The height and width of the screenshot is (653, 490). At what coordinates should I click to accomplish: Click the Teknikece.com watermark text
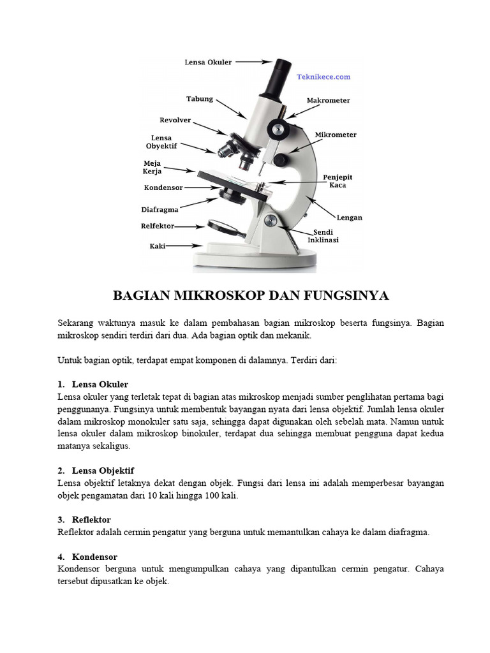pos(323,77)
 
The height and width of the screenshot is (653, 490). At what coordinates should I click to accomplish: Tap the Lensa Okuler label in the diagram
pos(208,62)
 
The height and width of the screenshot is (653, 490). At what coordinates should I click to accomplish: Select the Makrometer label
pos(328,101)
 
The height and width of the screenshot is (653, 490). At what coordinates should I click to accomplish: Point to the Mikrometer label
pos(336,135)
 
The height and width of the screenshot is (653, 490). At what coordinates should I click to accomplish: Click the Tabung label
pos(199,99)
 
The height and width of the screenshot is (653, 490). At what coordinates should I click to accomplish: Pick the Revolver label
pos(175,120)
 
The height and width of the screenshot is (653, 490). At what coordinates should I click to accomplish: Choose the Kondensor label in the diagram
pos(163,188)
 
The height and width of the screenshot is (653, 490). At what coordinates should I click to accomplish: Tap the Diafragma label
pos(160,209)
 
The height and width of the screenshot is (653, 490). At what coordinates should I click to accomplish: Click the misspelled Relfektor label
pos(157,226)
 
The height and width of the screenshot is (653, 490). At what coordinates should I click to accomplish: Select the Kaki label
pos(158,245)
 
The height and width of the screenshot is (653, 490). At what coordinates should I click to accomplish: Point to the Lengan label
pos(349,217)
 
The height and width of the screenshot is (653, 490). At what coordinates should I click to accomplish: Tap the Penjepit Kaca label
pos(338,180)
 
